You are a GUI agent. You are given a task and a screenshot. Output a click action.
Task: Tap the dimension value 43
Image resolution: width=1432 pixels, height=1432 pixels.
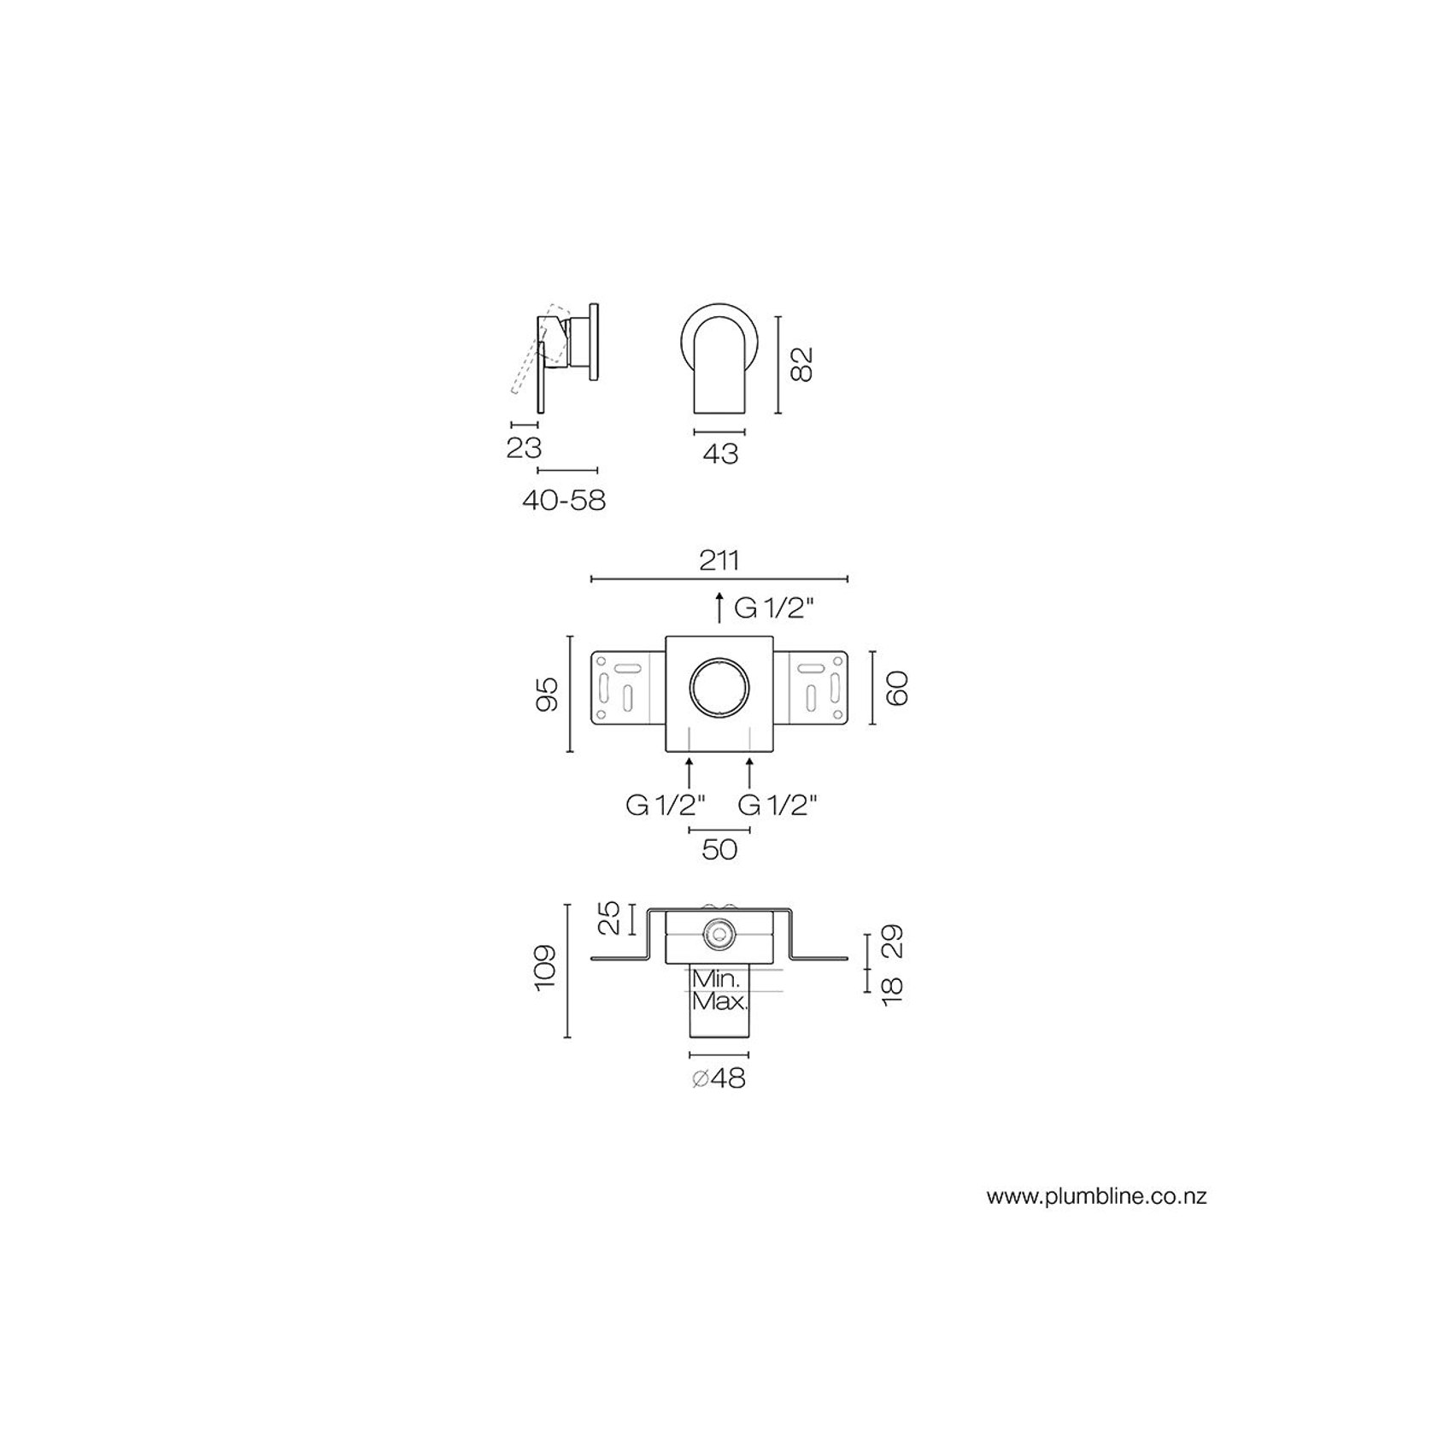(x=719, y=454)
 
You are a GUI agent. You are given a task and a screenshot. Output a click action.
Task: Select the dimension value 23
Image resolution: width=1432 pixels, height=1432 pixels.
(x=524, y=447)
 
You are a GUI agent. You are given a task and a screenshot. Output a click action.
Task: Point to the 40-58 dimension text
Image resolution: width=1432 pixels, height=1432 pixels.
(x=564, y=499)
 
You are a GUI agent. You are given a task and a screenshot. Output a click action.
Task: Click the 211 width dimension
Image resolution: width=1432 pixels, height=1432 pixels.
(x=719, y=560)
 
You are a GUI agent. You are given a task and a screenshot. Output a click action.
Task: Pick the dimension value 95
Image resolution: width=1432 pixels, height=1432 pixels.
(x=547, y=694)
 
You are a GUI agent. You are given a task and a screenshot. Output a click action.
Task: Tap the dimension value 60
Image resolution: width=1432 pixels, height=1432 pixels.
(x=896, y=688)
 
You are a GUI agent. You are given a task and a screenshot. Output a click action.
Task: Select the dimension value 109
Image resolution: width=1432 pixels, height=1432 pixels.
(x=544, y=968)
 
